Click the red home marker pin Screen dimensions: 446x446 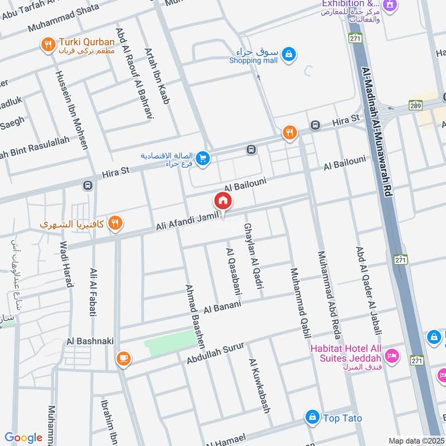(x=222, y=201)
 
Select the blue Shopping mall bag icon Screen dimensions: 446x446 (x=288, y=54)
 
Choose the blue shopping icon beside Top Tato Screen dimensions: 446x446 (x=312, y=417)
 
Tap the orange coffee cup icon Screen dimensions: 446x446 (x=123, y=359)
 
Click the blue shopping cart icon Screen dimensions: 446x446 (x=202, y=159)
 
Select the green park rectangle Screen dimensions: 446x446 (x=169, y=338)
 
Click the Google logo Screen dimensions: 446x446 (x=23, y=438)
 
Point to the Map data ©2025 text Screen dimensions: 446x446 (x=416, y=440)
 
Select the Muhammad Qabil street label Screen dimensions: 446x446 (x=298, y=303)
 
